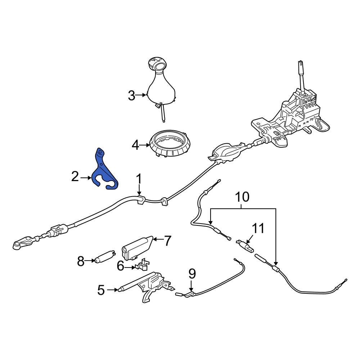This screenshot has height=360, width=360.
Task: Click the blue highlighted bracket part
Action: pos(104,170)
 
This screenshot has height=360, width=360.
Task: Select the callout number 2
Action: pos(75,177)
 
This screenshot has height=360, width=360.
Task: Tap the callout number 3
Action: pos(131,95)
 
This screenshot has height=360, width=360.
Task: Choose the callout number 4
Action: pos(135,145)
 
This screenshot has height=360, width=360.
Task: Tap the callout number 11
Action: pos(258,229)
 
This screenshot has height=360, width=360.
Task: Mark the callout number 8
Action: pos(81,261)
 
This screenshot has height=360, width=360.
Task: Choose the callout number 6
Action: pos(121,266)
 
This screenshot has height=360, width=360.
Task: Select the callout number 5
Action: pos(101,290)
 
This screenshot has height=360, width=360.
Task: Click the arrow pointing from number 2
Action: pos(86,177)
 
